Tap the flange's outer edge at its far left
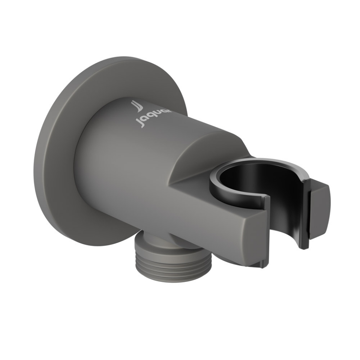click(x=36, y=157)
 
